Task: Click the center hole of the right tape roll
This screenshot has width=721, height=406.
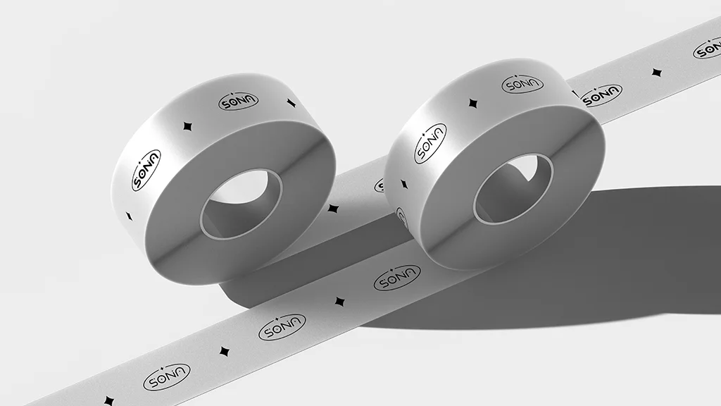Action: (x=513, y=189)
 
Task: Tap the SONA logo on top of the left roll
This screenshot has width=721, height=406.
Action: (x=238, y=101)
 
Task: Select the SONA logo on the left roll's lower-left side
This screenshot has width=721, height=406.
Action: (x=146, y=170)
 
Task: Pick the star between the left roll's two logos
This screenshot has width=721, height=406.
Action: (x=187, y=127)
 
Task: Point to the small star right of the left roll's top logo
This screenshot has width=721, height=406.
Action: (x=291, y=103)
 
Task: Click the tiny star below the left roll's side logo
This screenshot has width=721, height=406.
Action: (x=130, y=216)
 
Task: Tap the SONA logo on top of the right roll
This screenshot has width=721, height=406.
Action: (x=522, y=85)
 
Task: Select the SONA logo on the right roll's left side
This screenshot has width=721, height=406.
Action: (x=430, y=143)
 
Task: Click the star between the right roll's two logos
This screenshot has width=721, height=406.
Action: (x=472, y=104)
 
